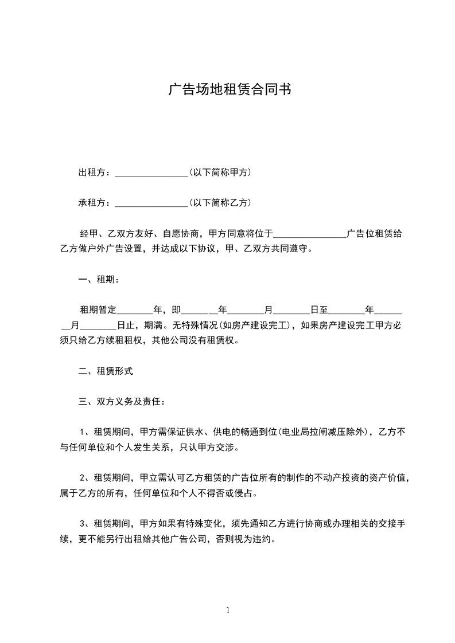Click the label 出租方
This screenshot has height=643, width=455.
[x=91, y=172]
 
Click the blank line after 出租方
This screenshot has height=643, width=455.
[x=151, y=174]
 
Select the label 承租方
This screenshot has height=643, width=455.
[x=91, y=203]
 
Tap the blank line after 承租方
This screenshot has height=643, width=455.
[x=151, y=205]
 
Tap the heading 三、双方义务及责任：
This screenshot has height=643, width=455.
[x=122, y=402]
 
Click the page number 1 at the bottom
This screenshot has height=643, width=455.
[x=228, y=610]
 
